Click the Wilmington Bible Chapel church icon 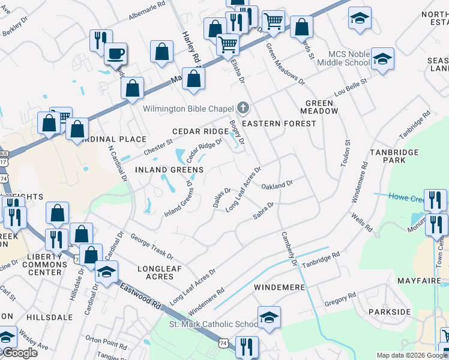(243, 108)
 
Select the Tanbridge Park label (394, 157)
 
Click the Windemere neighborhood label (280, 287)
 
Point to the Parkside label (390, 312)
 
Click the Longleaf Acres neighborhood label (160, 272)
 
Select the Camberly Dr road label (288, 247)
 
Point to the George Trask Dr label (151, 246)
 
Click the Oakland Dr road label (277, 185)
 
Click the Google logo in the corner (20, 353)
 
